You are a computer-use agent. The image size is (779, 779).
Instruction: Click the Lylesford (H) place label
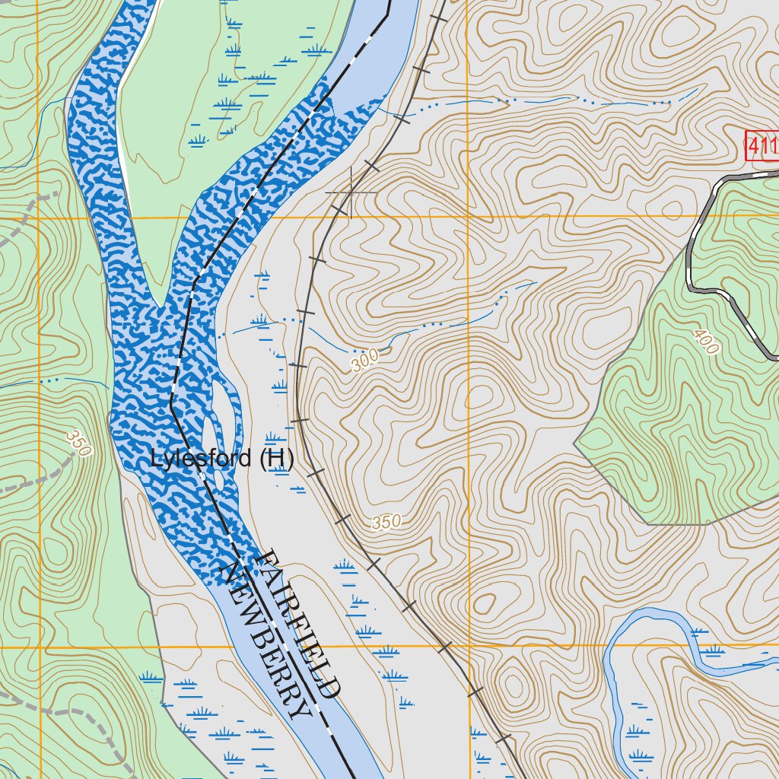[x=222, y=459]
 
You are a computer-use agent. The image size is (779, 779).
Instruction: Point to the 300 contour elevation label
[x=364, y=361]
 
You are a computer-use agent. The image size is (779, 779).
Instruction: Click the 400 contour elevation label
[x=706, y=342]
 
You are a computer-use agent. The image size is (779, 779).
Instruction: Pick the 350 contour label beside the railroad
[x=386, y=523]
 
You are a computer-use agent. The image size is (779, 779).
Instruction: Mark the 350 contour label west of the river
[x=78, y=444]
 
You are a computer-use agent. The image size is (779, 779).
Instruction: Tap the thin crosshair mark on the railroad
[x=351, y=192]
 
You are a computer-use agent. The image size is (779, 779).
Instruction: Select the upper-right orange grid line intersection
[x=468, y=218]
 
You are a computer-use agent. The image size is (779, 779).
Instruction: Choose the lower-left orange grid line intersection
[x=38, y=647]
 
